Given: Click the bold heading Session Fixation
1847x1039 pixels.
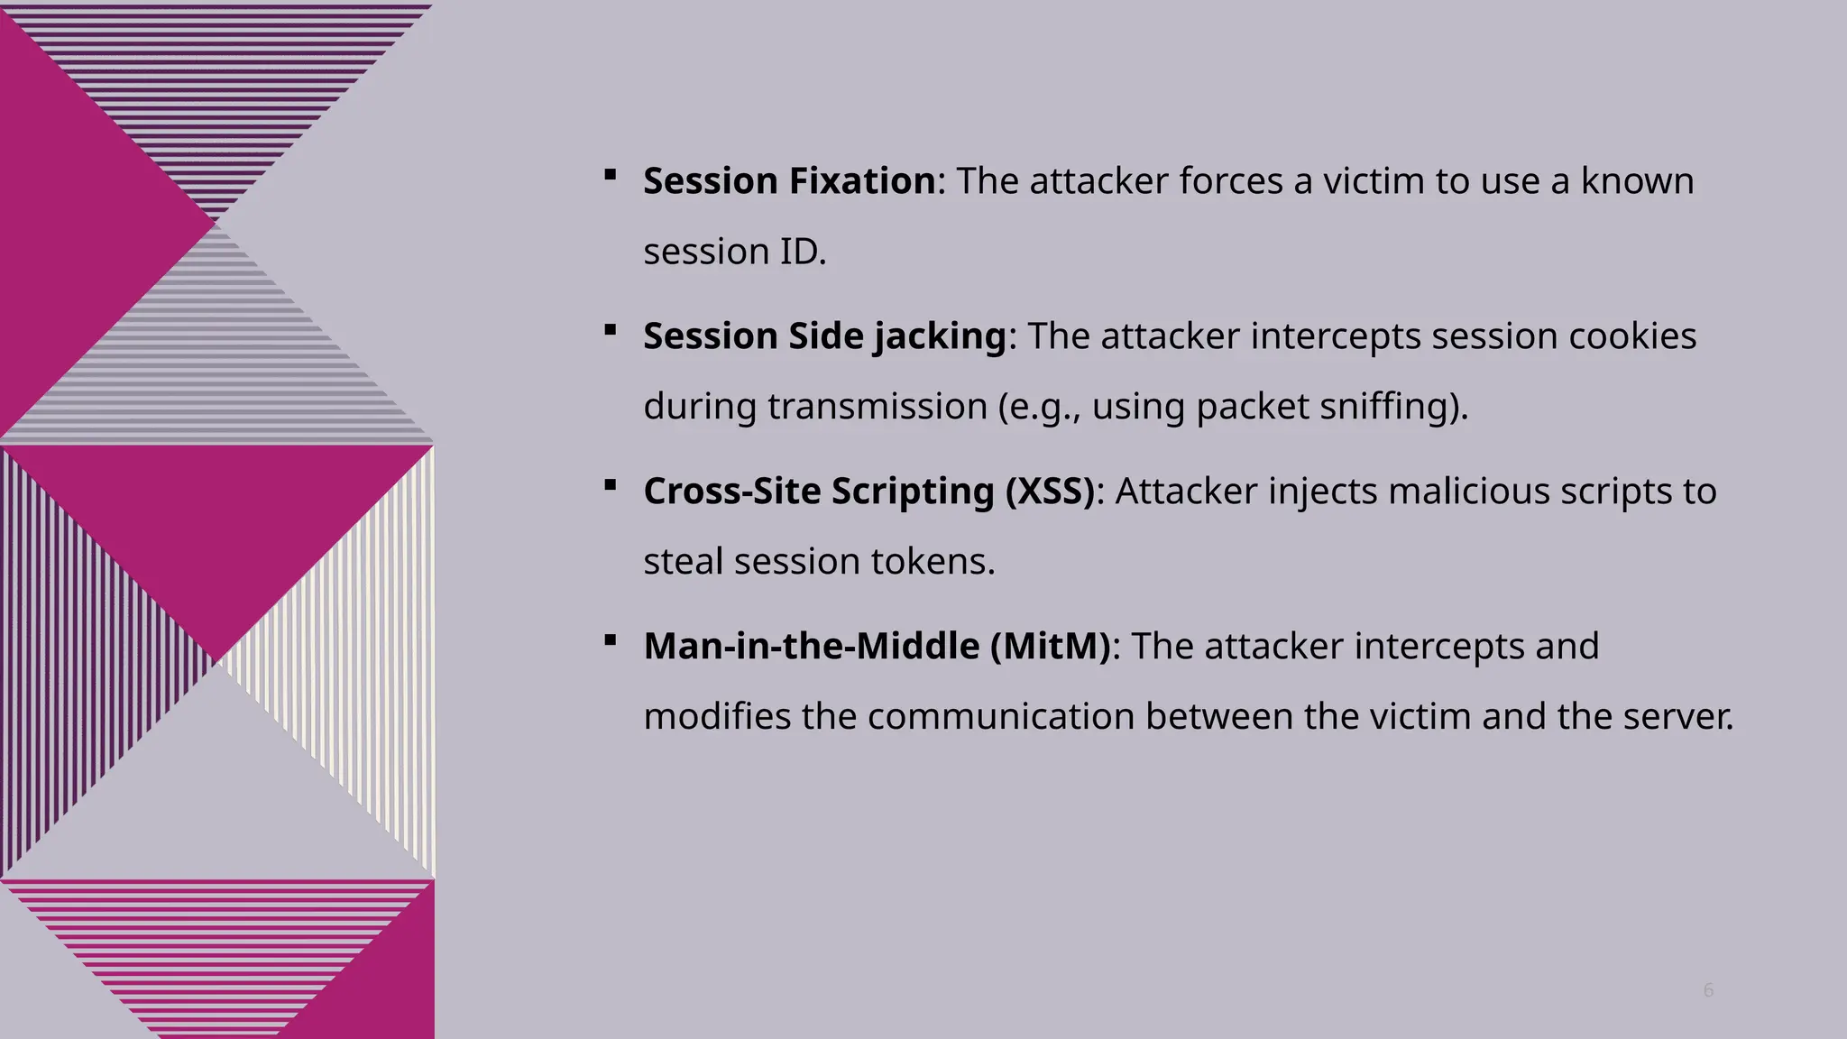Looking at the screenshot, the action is [790, 181].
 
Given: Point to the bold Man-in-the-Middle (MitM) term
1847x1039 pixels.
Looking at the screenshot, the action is [878, 647].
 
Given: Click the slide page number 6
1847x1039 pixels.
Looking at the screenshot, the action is [1708, 990].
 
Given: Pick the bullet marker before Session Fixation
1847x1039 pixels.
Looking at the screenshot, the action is [611, 175].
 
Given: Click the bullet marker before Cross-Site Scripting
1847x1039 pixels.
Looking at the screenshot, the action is [611, 485].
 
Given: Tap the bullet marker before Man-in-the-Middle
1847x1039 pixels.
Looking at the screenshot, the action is [611, 640].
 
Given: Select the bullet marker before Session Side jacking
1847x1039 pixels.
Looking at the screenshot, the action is [611, 330].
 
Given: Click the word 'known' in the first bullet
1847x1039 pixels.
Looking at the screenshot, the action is [1637, 181].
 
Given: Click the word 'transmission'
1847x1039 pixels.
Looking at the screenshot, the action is [878, 407].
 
